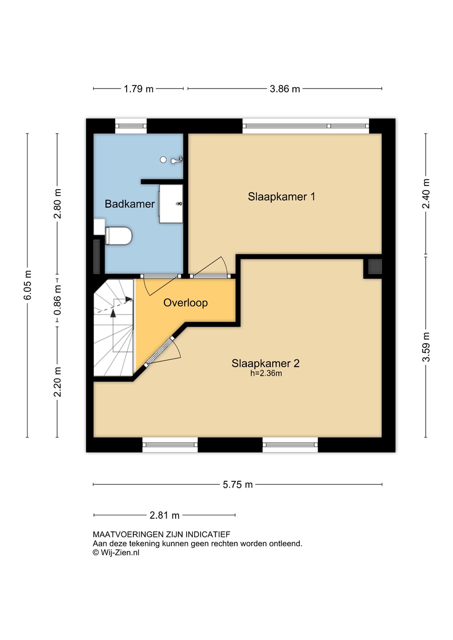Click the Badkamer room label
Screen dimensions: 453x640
click(x=130, y=204)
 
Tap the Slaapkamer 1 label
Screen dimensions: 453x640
click(x=281, y=196)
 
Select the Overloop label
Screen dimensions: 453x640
click(x=185, y=303)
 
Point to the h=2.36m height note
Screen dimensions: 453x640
click(x=266, y=373)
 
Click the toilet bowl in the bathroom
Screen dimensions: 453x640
click(x=118, y=236)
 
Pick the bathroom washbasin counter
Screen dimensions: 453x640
click(x=171, y=204)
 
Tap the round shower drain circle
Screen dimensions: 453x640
click(x=163, y=160)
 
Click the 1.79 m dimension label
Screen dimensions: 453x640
click(x=139, y=89)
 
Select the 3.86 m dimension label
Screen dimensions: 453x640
click(x=285, y=89)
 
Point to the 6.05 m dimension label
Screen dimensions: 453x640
click(x=28, y=285)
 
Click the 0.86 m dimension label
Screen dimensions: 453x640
click(x=57, y=300)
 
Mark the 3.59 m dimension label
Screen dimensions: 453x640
click(x=426, y=347)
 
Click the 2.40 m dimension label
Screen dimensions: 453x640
click(x=426, y=194)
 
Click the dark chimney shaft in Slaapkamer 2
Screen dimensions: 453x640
click(x=375, y=266)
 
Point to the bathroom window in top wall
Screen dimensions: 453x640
click(x=131, y=126)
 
